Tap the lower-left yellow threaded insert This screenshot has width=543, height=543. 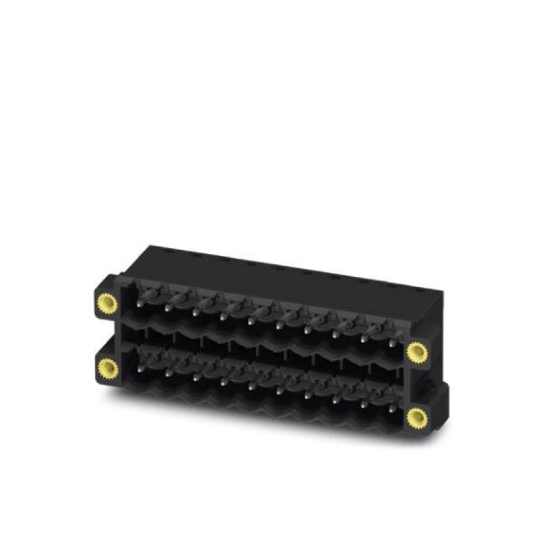(x=108, y=367)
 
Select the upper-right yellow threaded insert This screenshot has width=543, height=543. (x=416, y=351)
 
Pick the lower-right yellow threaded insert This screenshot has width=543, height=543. (x=416, y=417)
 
